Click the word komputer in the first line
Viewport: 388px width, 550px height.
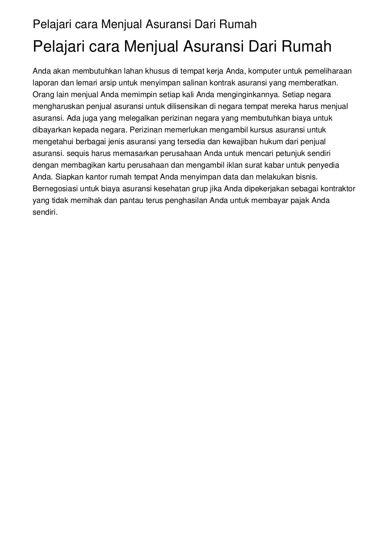tap(264, 71)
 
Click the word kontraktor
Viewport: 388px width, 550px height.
tap(338, 189)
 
